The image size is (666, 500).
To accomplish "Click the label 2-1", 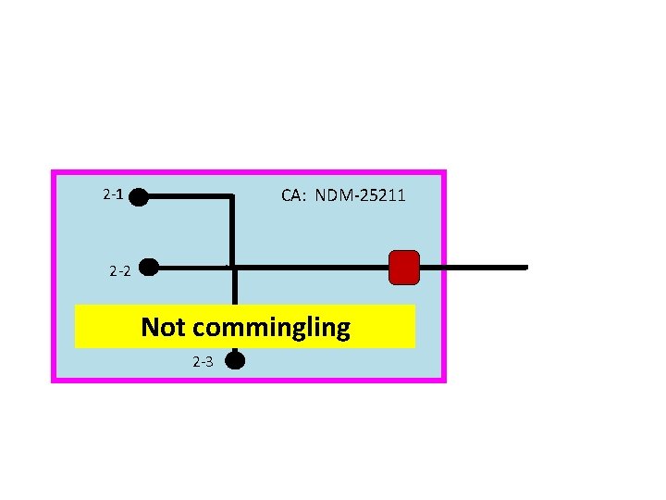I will pyautogui.click(x=113, y=195).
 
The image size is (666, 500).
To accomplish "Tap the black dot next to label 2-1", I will pyautogui.click(x=138, y=196).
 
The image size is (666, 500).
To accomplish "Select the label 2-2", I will pyautogui.click(x=119, y=271).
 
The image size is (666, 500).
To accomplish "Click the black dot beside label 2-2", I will pyautogui.click(x=148, y=268).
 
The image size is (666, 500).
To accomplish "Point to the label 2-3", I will pyautogui.click(x=203, y=361).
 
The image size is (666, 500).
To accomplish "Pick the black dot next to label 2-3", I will pyautogui.click(x=235, y=359).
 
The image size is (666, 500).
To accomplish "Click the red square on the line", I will pyautogui.click(x=404, y=267).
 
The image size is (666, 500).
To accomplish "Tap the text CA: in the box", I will pyautogui.click(x=295, y=195).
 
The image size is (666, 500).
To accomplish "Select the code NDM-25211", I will pyautogui.click(x=360, y=195).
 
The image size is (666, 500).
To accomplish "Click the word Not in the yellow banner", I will pyautogui.click(x=165, y=327).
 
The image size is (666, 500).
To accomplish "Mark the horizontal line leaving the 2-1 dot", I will pyautogui.click(x=185, y=196).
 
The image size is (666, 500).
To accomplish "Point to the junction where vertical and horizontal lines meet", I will pyautogui.click(x=233, y=268).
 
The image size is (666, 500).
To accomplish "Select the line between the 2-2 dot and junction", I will pyautogui.click(x=190, y=268).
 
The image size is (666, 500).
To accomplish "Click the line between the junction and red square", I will pyautogui.click(x=310, y=268).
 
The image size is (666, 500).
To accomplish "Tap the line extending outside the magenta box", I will pyautogui.click(x=486, y=267).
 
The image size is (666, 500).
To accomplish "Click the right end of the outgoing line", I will pyautogui.click(x=524, y=267).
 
